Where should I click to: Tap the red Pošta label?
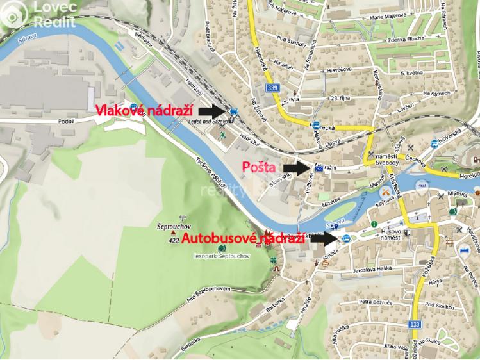259,167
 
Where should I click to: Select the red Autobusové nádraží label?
243,239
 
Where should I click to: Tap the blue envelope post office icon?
319,169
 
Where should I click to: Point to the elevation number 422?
173,241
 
